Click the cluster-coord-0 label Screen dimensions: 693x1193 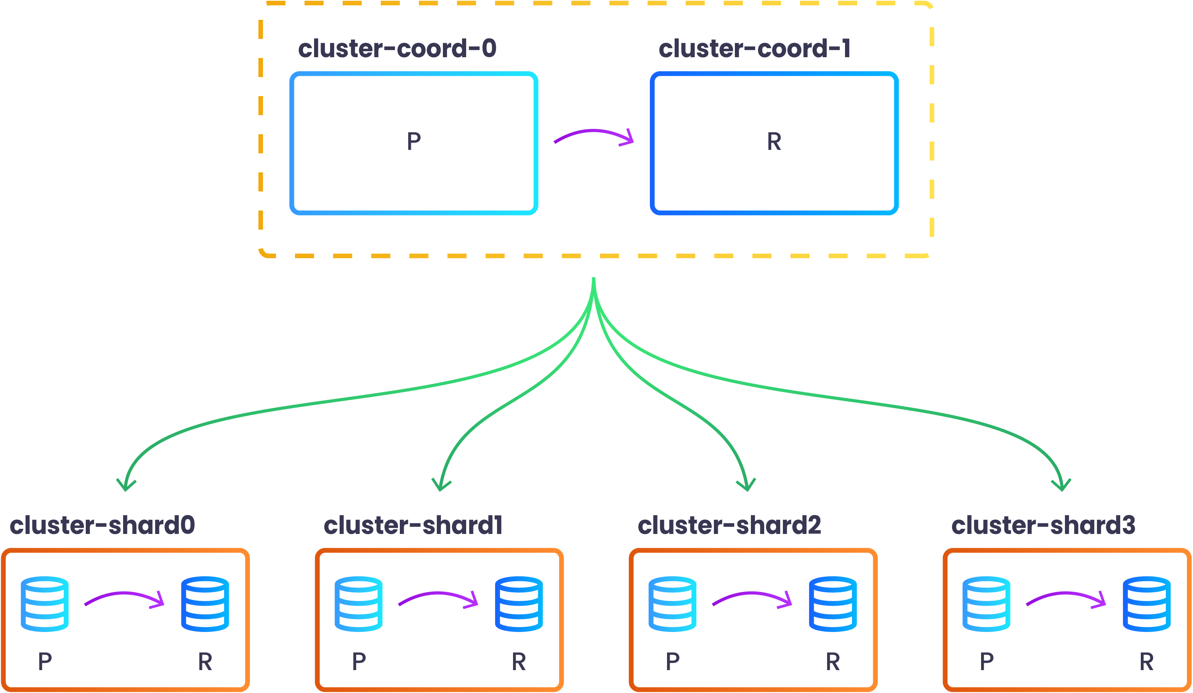(x=397, y=48)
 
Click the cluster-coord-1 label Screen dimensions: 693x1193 (x=755, y=48)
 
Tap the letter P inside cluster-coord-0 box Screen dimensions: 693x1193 (x=414, y=141)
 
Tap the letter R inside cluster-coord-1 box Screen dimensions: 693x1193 (x=774, y=141)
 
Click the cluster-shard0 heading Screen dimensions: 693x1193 (x=102, y=525)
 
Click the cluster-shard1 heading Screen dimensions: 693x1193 (x=413, y=525)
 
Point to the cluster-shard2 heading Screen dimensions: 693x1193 (x=729, y=525)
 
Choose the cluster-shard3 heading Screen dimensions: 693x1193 (x=1043, y=525)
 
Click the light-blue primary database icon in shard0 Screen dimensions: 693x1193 (x=45, y=604)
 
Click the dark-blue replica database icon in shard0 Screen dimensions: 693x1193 (x=205, y=604)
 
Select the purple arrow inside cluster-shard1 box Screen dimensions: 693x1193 (x=438, y=598)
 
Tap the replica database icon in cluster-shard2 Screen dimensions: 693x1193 (x=833, y=604)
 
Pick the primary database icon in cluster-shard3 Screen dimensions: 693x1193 (x=986, y=604)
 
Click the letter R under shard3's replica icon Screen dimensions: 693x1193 (x=1146, y=662)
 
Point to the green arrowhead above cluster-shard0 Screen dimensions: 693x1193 (x=126, y=486)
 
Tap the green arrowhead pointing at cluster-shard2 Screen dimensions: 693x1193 (x=747, y=486)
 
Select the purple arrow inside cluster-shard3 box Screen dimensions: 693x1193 (x=1066, y=598)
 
